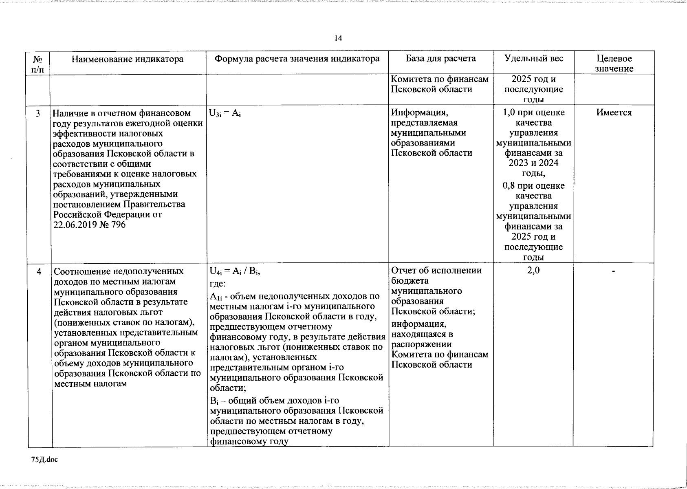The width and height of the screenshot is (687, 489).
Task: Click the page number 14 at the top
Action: pos(338,38)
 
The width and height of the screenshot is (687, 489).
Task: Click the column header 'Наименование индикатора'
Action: pos(128,59)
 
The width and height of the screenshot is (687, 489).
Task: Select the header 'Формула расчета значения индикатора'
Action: pos(297,59)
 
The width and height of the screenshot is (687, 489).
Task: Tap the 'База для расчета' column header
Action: pos(441,59)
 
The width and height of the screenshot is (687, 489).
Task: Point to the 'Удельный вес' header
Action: pos(533,59)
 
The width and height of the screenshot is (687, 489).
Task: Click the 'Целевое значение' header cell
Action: pos(614,64)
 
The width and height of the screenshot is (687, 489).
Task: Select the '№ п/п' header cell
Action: pos(37,64)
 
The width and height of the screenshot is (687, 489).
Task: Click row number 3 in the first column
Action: pos(37,113)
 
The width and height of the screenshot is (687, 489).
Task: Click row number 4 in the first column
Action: pos(38,271)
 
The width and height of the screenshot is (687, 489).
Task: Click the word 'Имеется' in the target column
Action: pos(614,113)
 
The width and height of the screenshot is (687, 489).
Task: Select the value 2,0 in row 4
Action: pos(533,271)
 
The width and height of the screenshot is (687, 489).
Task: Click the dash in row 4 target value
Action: pos(613,271)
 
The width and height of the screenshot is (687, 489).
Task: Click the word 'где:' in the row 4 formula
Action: pos(218,284)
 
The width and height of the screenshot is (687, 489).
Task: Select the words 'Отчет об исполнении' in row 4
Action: pos(436,271)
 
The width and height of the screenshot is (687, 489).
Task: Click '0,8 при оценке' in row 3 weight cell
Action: pos(533,186)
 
